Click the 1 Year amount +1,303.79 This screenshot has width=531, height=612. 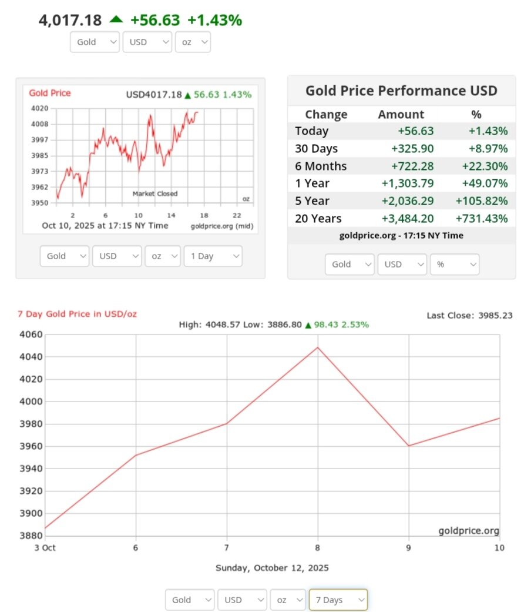click(408, 183)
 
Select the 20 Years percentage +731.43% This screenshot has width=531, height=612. click(481, 219)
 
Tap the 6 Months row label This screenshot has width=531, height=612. click(321, 166)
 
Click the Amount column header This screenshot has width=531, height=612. click(401, 115)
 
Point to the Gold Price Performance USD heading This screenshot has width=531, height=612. click(401, 91)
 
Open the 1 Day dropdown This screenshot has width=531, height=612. click(213, 256)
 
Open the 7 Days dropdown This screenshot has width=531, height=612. click(338, 600)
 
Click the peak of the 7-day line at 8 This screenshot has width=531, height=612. click(318, 347)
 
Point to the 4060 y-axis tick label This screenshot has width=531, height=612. click(31, 335)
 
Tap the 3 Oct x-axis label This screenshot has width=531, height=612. click(45, 547)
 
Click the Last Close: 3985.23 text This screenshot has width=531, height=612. click(469, 316)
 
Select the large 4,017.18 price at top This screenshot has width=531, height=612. click(70, 20)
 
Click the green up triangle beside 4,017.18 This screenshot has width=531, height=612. click(116, 19)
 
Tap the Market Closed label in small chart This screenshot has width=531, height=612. click(154, 193)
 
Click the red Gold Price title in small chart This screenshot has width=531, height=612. click(50, 93)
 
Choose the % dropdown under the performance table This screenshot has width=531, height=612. click(454, 265)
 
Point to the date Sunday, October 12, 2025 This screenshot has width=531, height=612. click(272, 568)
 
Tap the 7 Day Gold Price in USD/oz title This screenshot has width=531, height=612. click(77, 314)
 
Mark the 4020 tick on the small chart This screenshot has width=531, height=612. click(40, 109)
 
